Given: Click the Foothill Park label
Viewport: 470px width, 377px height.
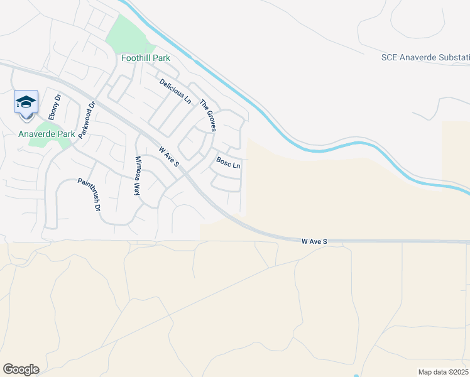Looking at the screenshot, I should (145, 58).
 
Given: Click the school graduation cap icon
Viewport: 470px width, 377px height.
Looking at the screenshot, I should (26, 102).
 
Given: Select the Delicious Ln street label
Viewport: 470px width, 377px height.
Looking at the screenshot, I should (175, 91).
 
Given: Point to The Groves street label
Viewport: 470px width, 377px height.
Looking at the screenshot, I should (208, 115).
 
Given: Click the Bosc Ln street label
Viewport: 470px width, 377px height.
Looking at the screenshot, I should (228, 163).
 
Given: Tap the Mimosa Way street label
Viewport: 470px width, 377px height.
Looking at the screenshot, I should (137, 177).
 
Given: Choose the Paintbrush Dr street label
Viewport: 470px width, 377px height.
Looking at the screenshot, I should (89, 194).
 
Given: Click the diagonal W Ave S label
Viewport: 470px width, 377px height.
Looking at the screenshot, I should (169, 157).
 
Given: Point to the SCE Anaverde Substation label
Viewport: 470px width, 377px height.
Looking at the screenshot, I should (425, 58).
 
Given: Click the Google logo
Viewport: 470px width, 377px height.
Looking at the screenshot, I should (21, 369).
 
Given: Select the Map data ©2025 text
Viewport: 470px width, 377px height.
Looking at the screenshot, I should (442, 371).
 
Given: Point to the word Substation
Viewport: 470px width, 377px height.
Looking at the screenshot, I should (455, 58).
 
